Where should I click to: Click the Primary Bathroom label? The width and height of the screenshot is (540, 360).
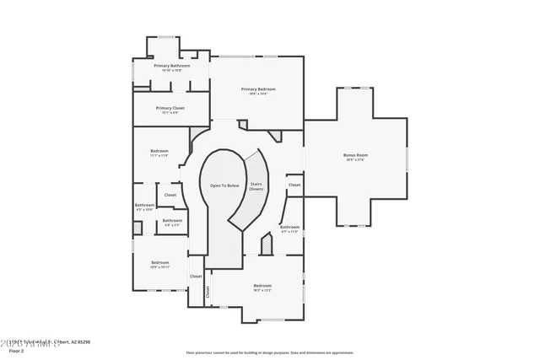point(171,65)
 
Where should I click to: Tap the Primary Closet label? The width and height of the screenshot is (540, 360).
point(170,108)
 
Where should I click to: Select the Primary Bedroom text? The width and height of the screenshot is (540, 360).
point(258,89)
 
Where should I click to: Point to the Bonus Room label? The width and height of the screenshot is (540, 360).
point(355,155)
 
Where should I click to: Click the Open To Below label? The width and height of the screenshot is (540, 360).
point(224,185)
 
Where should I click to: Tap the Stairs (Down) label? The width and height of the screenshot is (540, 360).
point(256,186)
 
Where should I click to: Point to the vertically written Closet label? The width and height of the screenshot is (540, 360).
point(208,291)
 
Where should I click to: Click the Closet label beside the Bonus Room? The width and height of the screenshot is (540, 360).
point(294,185)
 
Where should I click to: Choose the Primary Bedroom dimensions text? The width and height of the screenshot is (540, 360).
point(258,94)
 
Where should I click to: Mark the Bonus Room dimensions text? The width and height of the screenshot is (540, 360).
point(355,160)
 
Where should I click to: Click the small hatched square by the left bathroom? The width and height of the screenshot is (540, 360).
point(138,227)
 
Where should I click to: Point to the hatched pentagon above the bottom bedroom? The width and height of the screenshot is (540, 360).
point(267,246)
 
